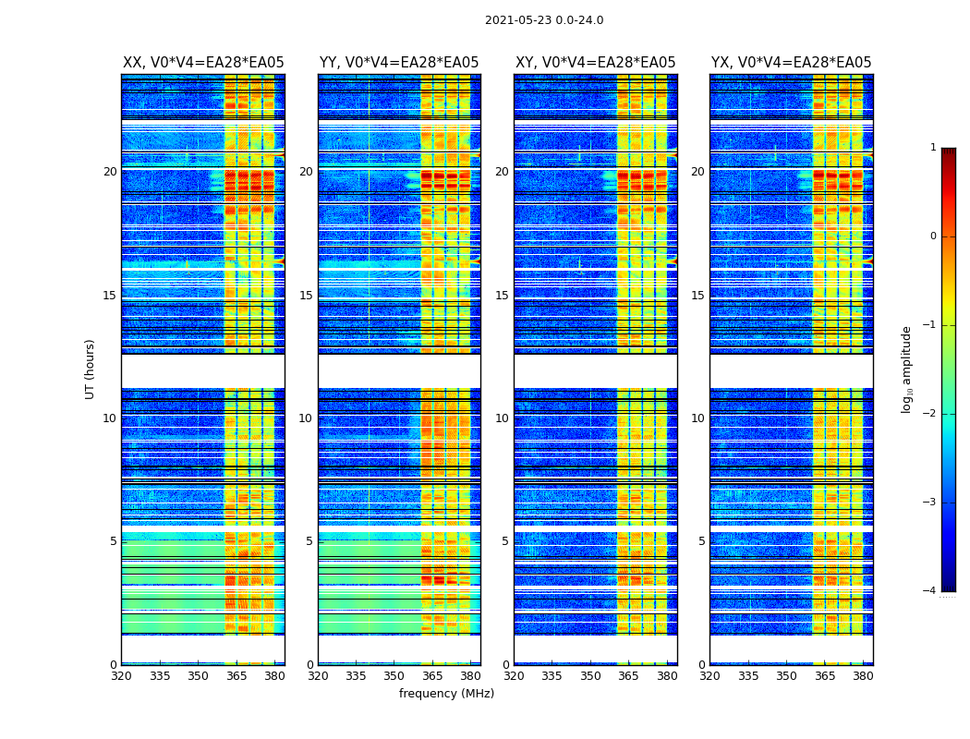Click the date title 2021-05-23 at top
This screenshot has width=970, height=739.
pos(544,20)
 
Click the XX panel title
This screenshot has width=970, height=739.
pos(203,63)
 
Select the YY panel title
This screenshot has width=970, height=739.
pos(399,63)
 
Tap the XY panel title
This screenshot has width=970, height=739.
pos(595,63)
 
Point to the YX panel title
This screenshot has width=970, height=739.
pos(791,63)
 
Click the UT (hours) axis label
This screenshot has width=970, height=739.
pos(91,369)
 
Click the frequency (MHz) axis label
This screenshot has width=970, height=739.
pos(446,694)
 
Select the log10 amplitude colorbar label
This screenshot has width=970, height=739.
pos(907,369)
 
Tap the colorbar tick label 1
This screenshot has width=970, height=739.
pos(933,148)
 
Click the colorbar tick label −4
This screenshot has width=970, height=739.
pos(930,591)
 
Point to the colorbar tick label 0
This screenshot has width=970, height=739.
pos(933,236)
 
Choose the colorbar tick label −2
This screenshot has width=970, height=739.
pos(930,414)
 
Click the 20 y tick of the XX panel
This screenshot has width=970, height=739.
pos(110,172)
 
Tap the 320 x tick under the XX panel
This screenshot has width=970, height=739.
pos(121,676)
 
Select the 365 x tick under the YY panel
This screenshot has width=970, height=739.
pos(432,676)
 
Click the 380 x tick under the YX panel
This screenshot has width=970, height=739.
pos(863,676)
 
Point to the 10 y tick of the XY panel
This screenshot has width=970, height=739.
pos(502,418)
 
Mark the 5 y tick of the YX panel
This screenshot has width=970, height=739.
pos(701,541)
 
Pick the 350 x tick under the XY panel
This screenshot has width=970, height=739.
pos(590,676)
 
